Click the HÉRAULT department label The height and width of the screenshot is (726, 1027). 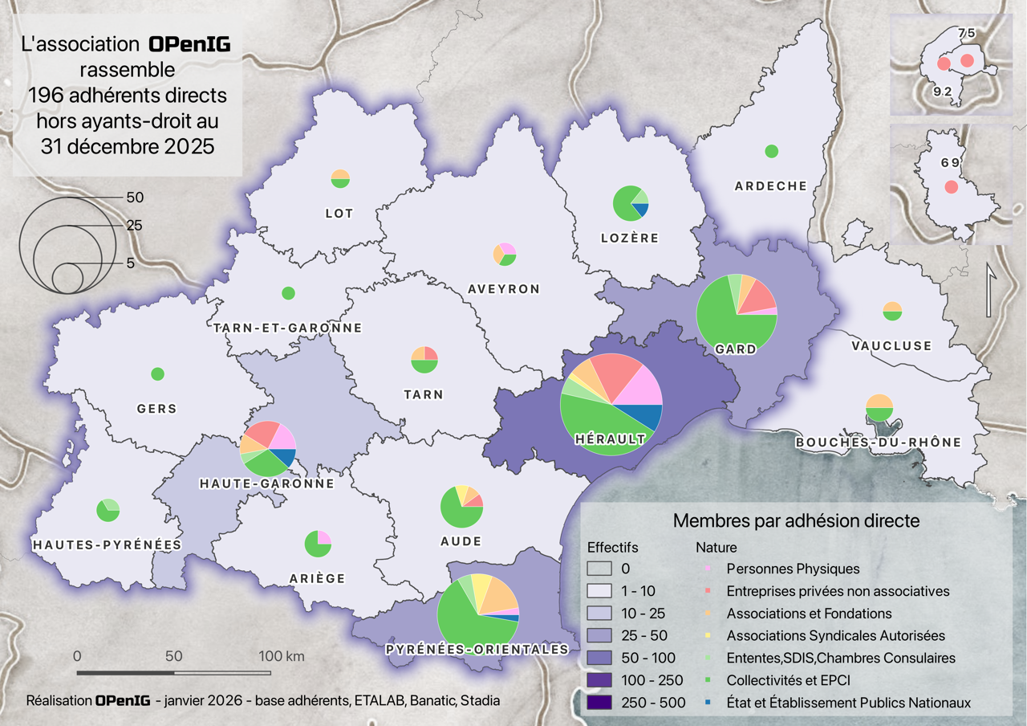tap(611, 439)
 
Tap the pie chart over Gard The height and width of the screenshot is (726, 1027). tap(737, 314)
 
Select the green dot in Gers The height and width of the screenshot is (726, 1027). tap(157, 373)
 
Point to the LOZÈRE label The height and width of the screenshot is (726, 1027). tap(630, 238)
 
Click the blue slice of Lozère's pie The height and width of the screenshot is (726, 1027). tap(641, 210)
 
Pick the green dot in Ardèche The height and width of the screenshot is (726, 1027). tap(772, 151)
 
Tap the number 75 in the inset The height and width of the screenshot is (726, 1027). tap(967, 33)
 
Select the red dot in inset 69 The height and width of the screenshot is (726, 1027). tap(951, 187)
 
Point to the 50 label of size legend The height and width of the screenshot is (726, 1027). tap(135, 197)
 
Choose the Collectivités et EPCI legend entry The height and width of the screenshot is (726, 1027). tap(788, 680)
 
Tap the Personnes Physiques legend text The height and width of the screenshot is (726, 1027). tap(793, 569)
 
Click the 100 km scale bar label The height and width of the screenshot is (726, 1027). tap(281, 656)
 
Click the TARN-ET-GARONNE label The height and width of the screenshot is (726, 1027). tap(288, 328)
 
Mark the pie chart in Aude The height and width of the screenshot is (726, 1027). tap(461, 507)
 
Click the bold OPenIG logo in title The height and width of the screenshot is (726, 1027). tap(189, 45)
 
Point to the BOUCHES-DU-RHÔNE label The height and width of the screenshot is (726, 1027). tap(878, 443)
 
